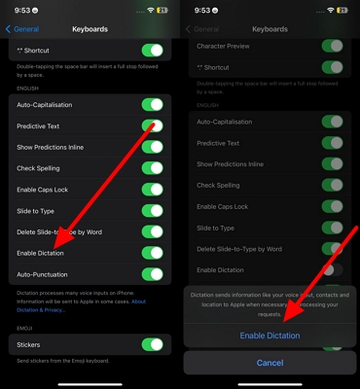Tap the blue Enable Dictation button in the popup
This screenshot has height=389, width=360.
point(270,336)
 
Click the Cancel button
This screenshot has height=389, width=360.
point(270,363)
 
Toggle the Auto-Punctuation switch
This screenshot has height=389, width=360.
point(152,275)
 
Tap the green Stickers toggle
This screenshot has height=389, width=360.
point(152,344)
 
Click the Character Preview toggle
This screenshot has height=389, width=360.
point(332,46)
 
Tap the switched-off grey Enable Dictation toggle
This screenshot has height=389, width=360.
point(332,269)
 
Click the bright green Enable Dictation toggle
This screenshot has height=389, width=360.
point(152,253)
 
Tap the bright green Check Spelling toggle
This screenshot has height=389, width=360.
point(152,167)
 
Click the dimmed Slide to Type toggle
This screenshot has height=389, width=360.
point(332,228)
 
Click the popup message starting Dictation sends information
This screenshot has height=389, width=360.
point(270,304)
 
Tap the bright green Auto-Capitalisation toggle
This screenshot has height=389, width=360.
point(152,104)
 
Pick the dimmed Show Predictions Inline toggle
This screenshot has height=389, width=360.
point(332,163)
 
